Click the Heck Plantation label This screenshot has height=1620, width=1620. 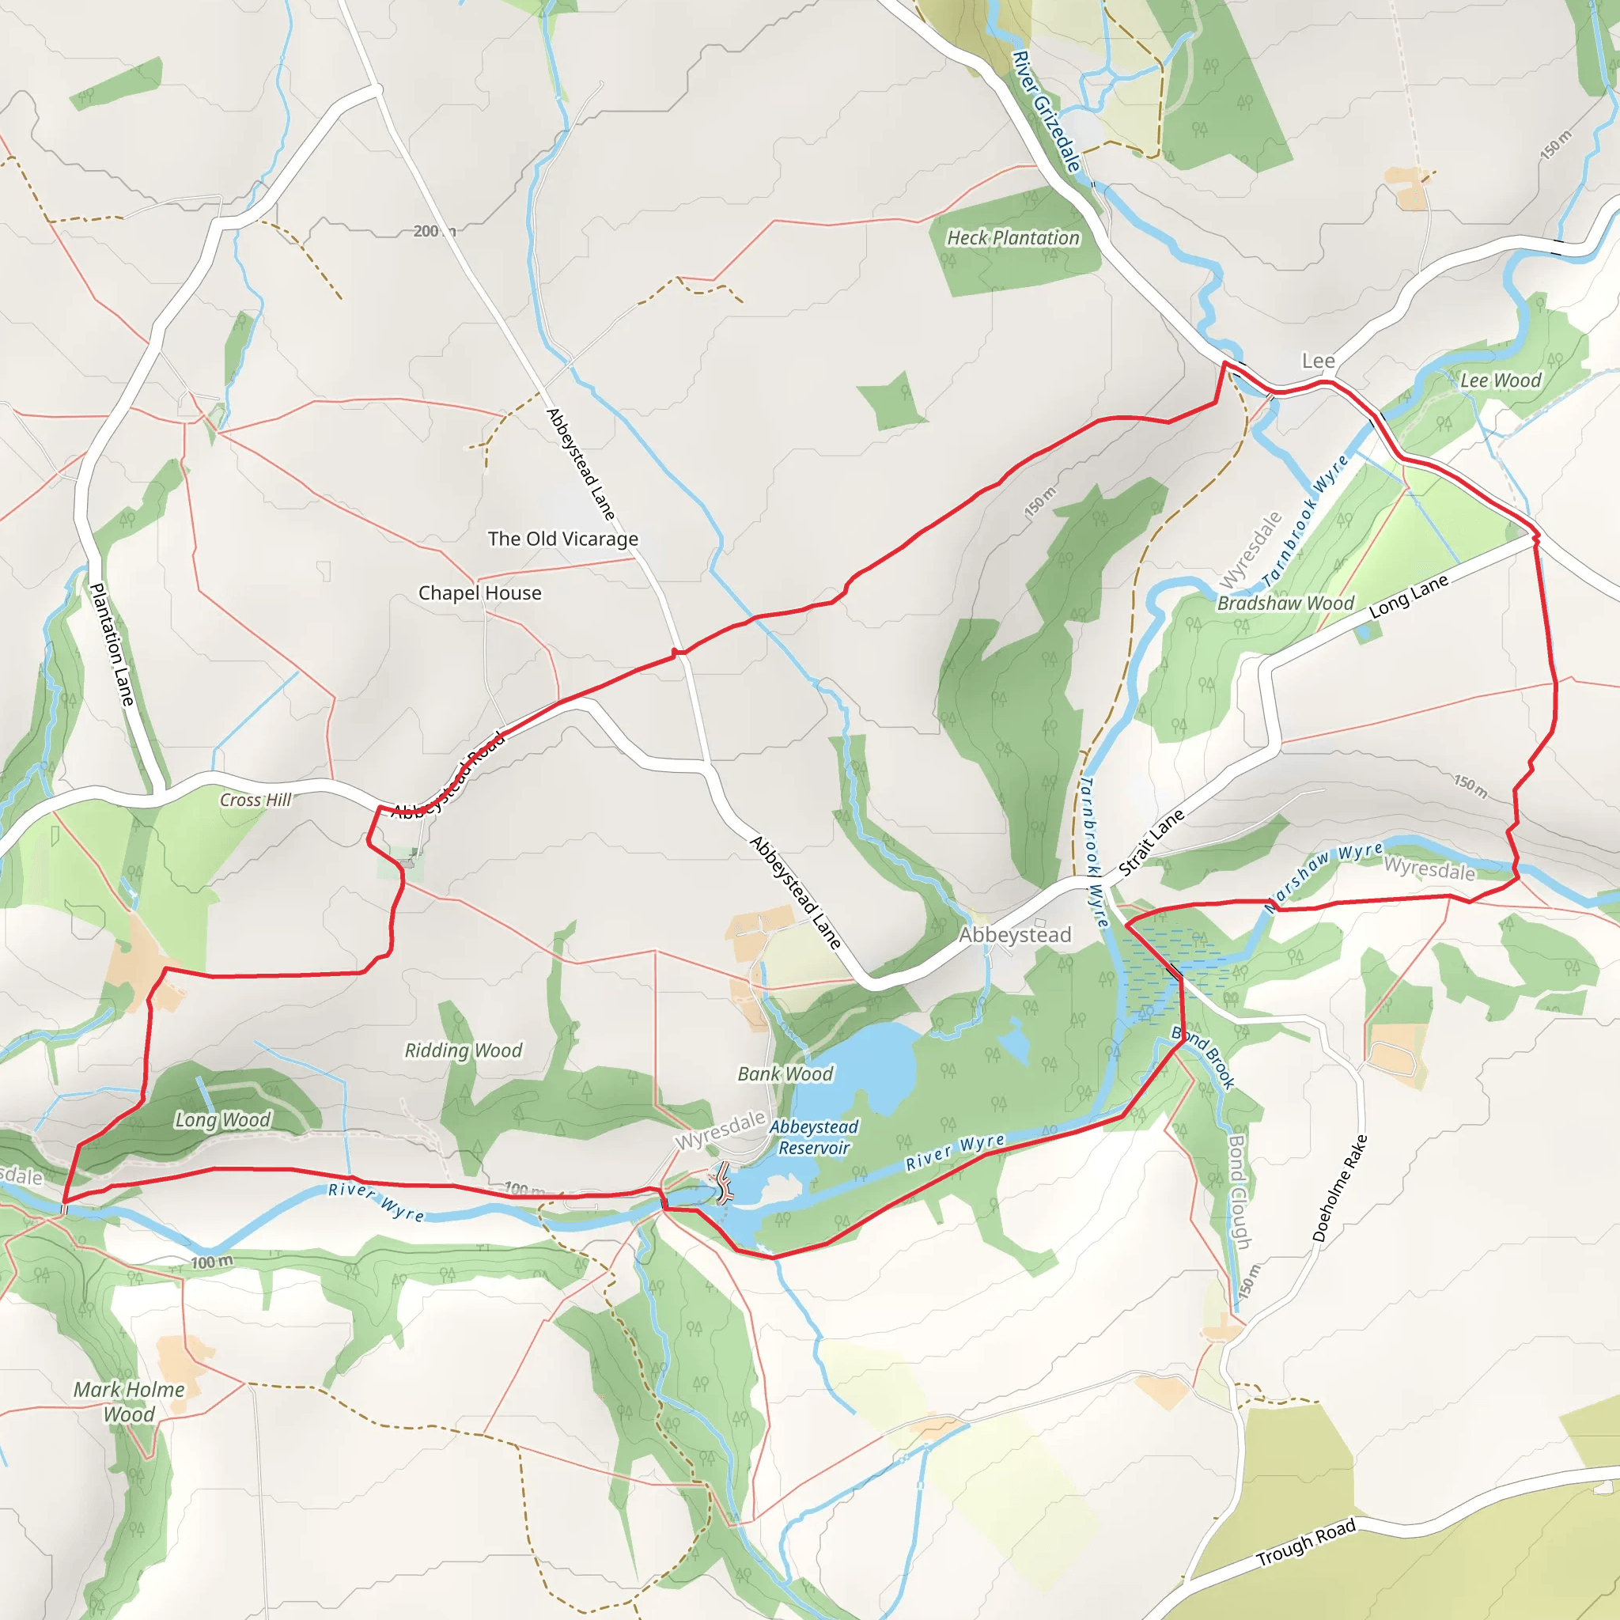click(1013, 238)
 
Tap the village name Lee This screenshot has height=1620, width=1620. click(1318, 361)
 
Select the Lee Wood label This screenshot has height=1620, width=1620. click(1500, 380)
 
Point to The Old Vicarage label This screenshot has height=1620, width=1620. click(562, 539)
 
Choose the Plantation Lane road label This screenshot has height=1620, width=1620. click(112, 644)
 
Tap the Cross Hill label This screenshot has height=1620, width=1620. click(255, 800)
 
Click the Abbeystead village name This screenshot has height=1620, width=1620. click(1015, 935)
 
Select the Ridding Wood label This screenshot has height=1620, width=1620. click(463, 1050)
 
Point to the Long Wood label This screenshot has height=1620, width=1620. click(222, 1120)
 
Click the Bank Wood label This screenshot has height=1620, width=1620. click(785, 1074)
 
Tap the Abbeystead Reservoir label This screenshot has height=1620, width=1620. click(813, 1137)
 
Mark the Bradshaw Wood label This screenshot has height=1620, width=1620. click(1285, 604)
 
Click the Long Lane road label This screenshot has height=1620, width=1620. click(1409, 597)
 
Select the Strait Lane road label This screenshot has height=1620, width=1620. click(1152, 842)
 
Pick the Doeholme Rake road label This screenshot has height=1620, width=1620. click(1339, 1189)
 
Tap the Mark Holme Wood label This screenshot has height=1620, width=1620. click(129, 1402)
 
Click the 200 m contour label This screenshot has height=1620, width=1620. click(433, 232)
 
